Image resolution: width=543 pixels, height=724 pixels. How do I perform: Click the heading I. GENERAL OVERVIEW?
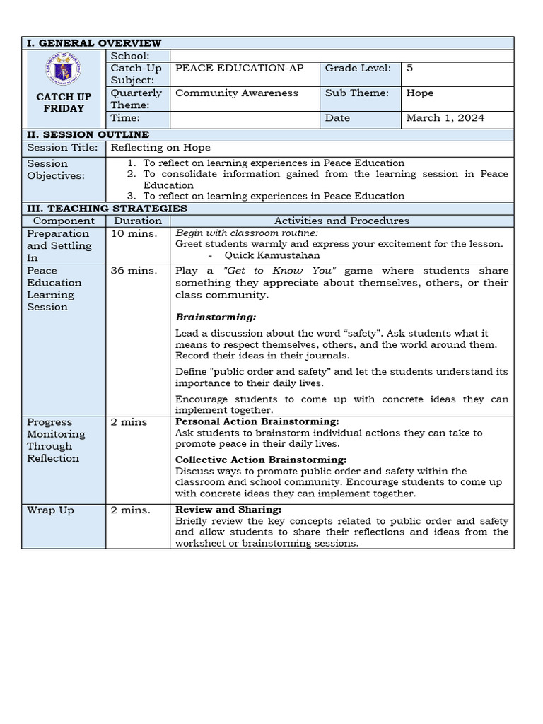pyautogui.click(x=94, y=43)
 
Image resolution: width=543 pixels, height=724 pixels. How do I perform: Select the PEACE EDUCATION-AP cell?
pyautogui.click(x=239, y=68)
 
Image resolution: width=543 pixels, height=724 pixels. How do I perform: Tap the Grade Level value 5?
pyautogui.click(x=410, y=68)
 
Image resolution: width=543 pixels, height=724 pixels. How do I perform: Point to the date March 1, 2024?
pyautogui.click(x=445, y=118)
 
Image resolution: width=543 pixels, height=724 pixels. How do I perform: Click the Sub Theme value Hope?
pyautogui.click(x=420, y=93)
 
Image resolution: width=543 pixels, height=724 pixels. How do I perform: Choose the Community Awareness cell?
pyautogui.click(x=237, y=93)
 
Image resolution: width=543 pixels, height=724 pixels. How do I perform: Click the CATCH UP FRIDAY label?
pyautogui.click(x=64, y=103)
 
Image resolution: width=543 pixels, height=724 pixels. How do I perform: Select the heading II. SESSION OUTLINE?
pyautogui.click(x=88, y=134)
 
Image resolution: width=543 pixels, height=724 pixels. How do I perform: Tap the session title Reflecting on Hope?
pyautogui.click(x=160, y=148)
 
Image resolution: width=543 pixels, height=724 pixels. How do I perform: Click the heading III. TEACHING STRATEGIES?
pyautogui.click(x=107, y=209)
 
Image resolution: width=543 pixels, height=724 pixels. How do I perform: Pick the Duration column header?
pyautogui.click(x=138, y=221)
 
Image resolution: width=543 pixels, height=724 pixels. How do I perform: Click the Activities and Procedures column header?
pyautogui.click(x=341, y=221)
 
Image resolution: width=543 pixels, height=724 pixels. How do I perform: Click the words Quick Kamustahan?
pyautogui.click(x=272, y=255)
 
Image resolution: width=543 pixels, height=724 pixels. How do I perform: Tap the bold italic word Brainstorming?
pyautogui.click(x=216, y=317)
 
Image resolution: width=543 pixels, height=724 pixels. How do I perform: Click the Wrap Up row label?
pyautogui.click(x=50, y=510)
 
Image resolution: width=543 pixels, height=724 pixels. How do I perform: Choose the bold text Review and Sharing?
pyautogui.click(x=228, y=510)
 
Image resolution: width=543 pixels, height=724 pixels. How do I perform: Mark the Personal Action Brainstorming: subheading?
pyautogui.click(x=257, y=421)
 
